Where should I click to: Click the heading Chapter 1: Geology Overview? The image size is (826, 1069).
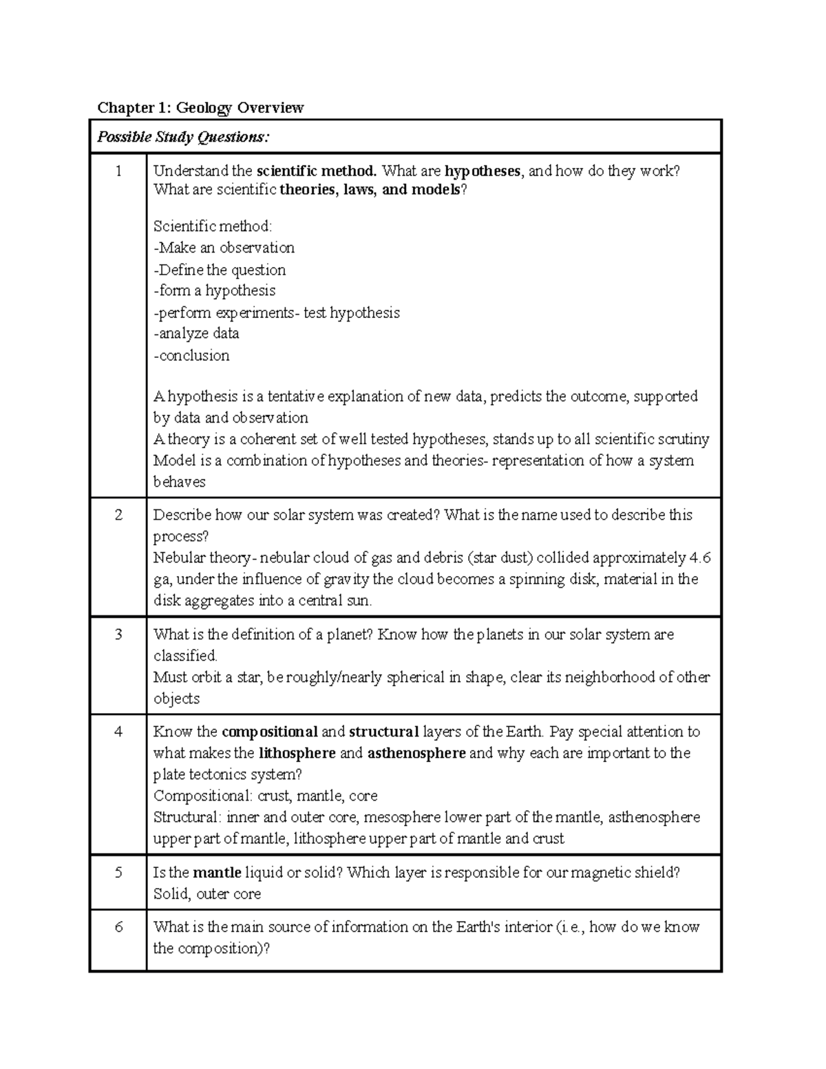coord(200,107)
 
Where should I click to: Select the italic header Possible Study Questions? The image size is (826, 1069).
coord(183,137)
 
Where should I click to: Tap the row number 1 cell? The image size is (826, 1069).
coord(118,171)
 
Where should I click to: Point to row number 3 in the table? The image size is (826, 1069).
coord(118,635)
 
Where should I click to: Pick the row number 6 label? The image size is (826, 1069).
coord(118,927)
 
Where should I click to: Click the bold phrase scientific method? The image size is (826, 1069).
coord(317,171)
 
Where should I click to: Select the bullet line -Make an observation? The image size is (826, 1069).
coord(224,248)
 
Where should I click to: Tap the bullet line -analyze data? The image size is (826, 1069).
coord(196,334)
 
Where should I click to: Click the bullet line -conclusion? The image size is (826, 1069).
coord(191,355)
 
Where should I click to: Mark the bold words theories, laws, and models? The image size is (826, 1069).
coord(370,190)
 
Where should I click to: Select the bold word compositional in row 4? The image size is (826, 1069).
coord(270,732)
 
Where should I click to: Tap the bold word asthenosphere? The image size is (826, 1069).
coord(416,753)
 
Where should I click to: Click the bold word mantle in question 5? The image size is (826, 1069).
coord(217,873)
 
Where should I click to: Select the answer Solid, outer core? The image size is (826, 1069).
coord(207,894)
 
